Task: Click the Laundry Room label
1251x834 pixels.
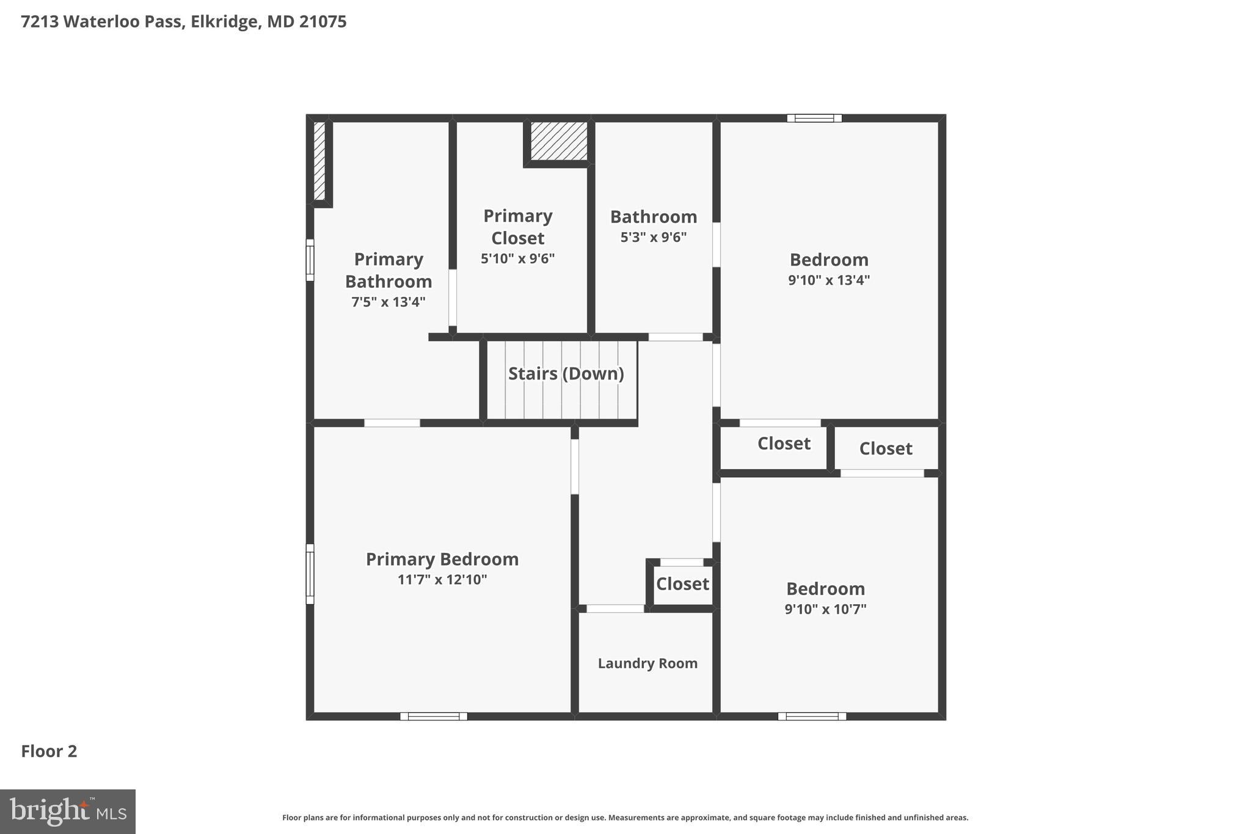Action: point(647,664)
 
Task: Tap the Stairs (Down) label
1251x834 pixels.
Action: point(566,373)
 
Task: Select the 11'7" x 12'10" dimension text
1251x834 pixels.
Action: point(442,579)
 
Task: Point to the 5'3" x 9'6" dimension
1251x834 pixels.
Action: point(653,237)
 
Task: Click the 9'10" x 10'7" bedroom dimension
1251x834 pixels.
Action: point(825,609)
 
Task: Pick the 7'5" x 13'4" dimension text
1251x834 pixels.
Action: point(388,302)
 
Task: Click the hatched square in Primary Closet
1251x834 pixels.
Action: point(558,141)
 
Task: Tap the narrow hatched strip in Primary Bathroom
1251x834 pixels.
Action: point(319,161)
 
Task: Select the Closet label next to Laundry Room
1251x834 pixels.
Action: point(682,583)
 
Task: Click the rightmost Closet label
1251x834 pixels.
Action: point(885,448)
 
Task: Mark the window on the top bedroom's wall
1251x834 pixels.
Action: point(814,119)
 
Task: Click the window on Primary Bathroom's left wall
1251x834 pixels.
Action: point(310,260)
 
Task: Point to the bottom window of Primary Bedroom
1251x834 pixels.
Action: point(434,716)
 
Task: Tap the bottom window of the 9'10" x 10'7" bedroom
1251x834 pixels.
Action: point(812,716)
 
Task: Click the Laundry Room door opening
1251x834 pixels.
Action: point(615,609)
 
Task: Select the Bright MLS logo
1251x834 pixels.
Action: point(68,811)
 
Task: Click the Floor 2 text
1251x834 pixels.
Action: point(49,751)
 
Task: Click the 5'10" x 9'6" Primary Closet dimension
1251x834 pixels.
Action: point(517,258)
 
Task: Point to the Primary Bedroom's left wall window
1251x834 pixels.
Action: point(310,574)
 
